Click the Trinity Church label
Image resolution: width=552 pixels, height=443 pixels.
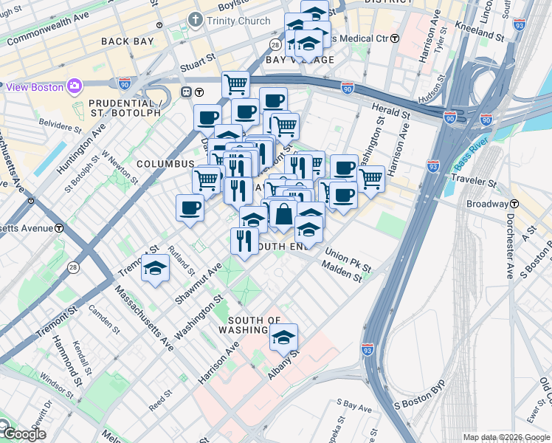pyautogui.click(x=238, y=21)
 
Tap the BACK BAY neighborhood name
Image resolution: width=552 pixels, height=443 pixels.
pyautogui.click(x=125, y=41)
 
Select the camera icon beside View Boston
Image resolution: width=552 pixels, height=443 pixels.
pyautogui.click(x=74, y=86)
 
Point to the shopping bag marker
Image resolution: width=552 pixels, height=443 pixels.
pyautogui.click(x=283, y=214)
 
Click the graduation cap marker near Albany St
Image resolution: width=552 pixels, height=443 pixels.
pyautogui.click(x=283, y=338)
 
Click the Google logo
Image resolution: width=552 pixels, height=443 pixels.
pyautogui.click(x=24, y=433)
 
